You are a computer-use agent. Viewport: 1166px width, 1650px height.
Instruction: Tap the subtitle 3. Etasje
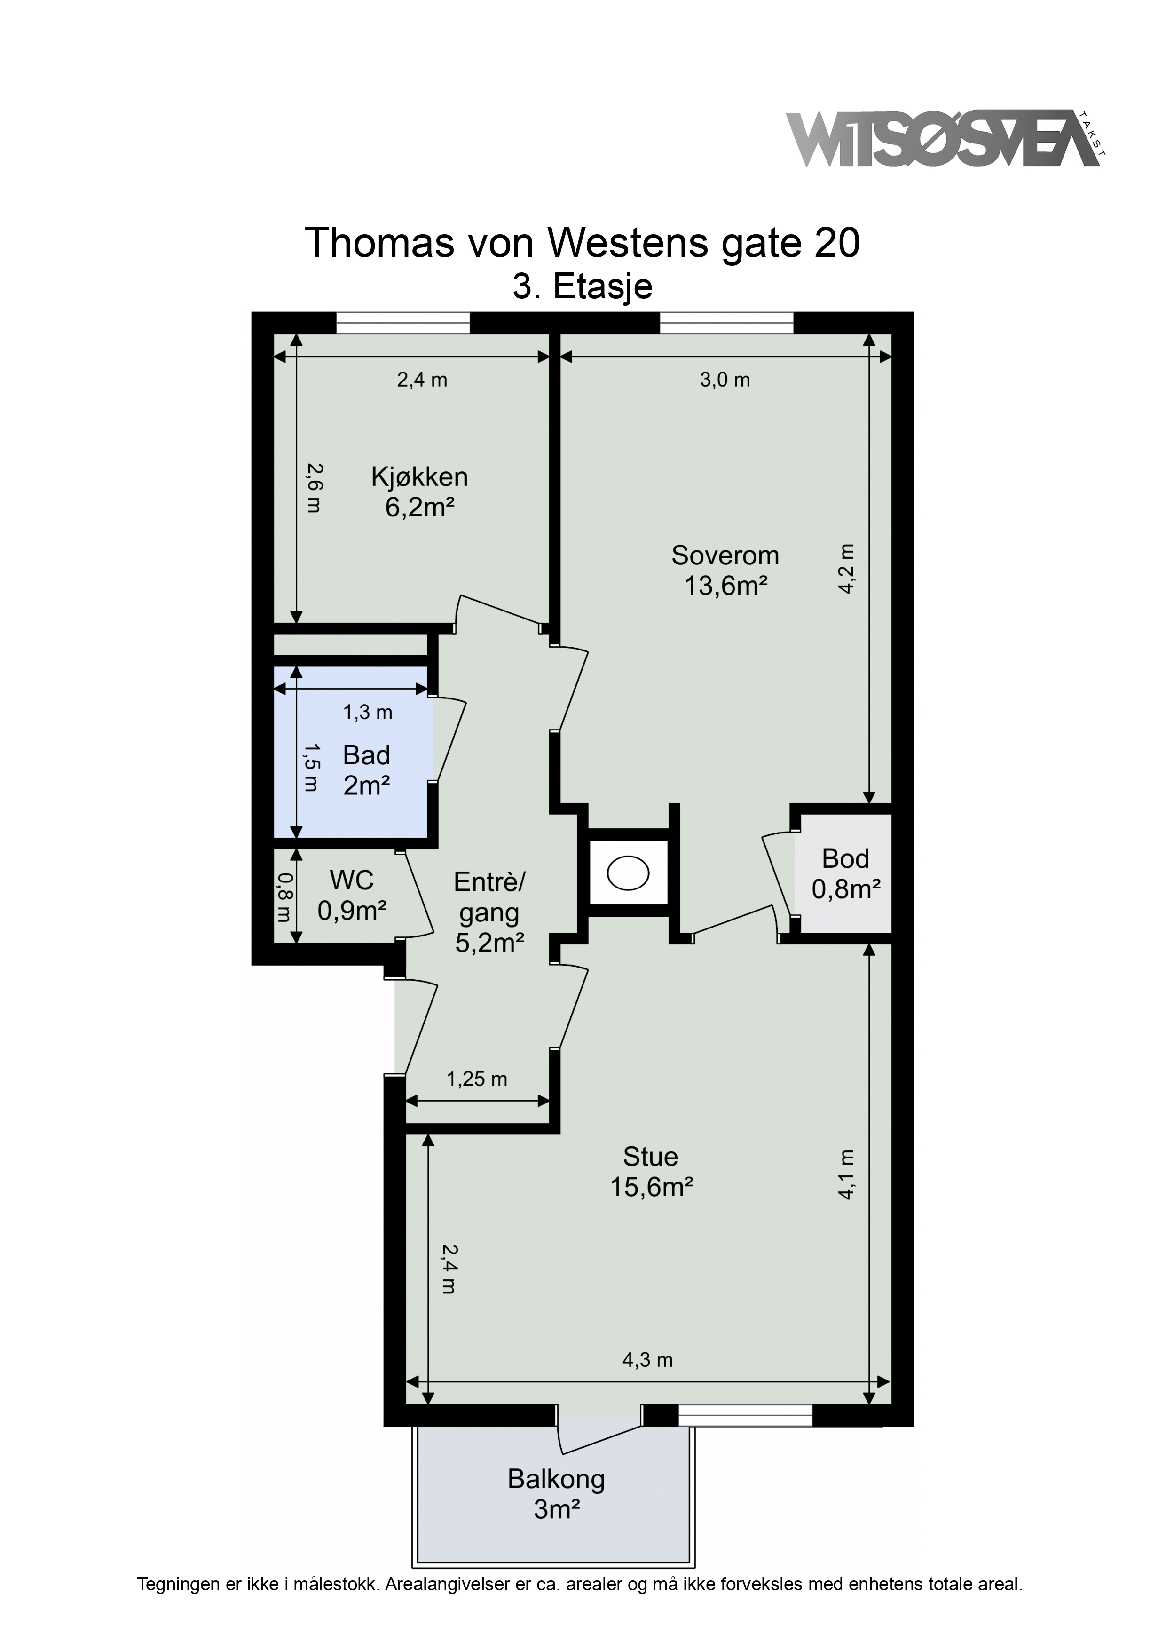pos(583,287)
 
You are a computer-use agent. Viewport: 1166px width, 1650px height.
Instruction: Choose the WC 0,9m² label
pos(352,896)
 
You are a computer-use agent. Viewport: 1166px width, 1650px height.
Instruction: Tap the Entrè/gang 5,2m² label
pos(489,912)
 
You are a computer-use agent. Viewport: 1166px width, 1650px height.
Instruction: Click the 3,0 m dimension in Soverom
pos(725,380)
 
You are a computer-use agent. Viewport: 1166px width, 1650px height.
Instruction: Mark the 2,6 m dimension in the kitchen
pos(314,487)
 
